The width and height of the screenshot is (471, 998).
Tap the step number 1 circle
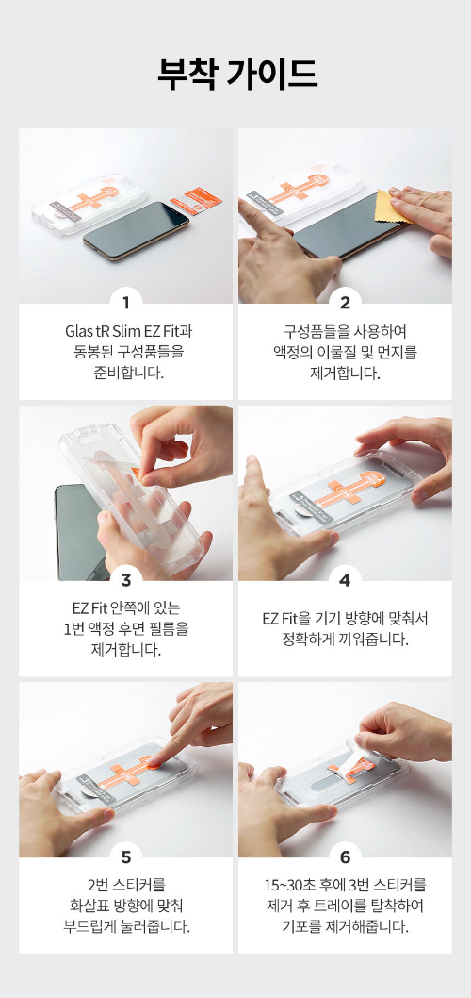pos(125,303)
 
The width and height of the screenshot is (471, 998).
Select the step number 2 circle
pos(345,303)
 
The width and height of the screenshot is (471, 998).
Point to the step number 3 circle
pos(125,579)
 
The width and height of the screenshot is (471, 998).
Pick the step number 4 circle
pos(345,579)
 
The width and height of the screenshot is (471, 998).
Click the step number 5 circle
pos(125,857)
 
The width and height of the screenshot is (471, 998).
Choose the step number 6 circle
pos(345,857)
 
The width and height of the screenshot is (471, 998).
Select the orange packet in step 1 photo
pos(200,197)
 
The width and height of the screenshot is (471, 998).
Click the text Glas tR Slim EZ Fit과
pos(125,332)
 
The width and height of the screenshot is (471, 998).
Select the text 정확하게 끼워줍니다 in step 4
pos(345,640)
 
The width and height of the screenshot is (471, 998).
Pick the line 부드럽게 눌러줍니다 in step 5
pos(125,926)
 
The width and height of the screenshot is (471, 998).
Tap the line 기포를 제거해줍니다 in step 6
pos(345,926)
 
